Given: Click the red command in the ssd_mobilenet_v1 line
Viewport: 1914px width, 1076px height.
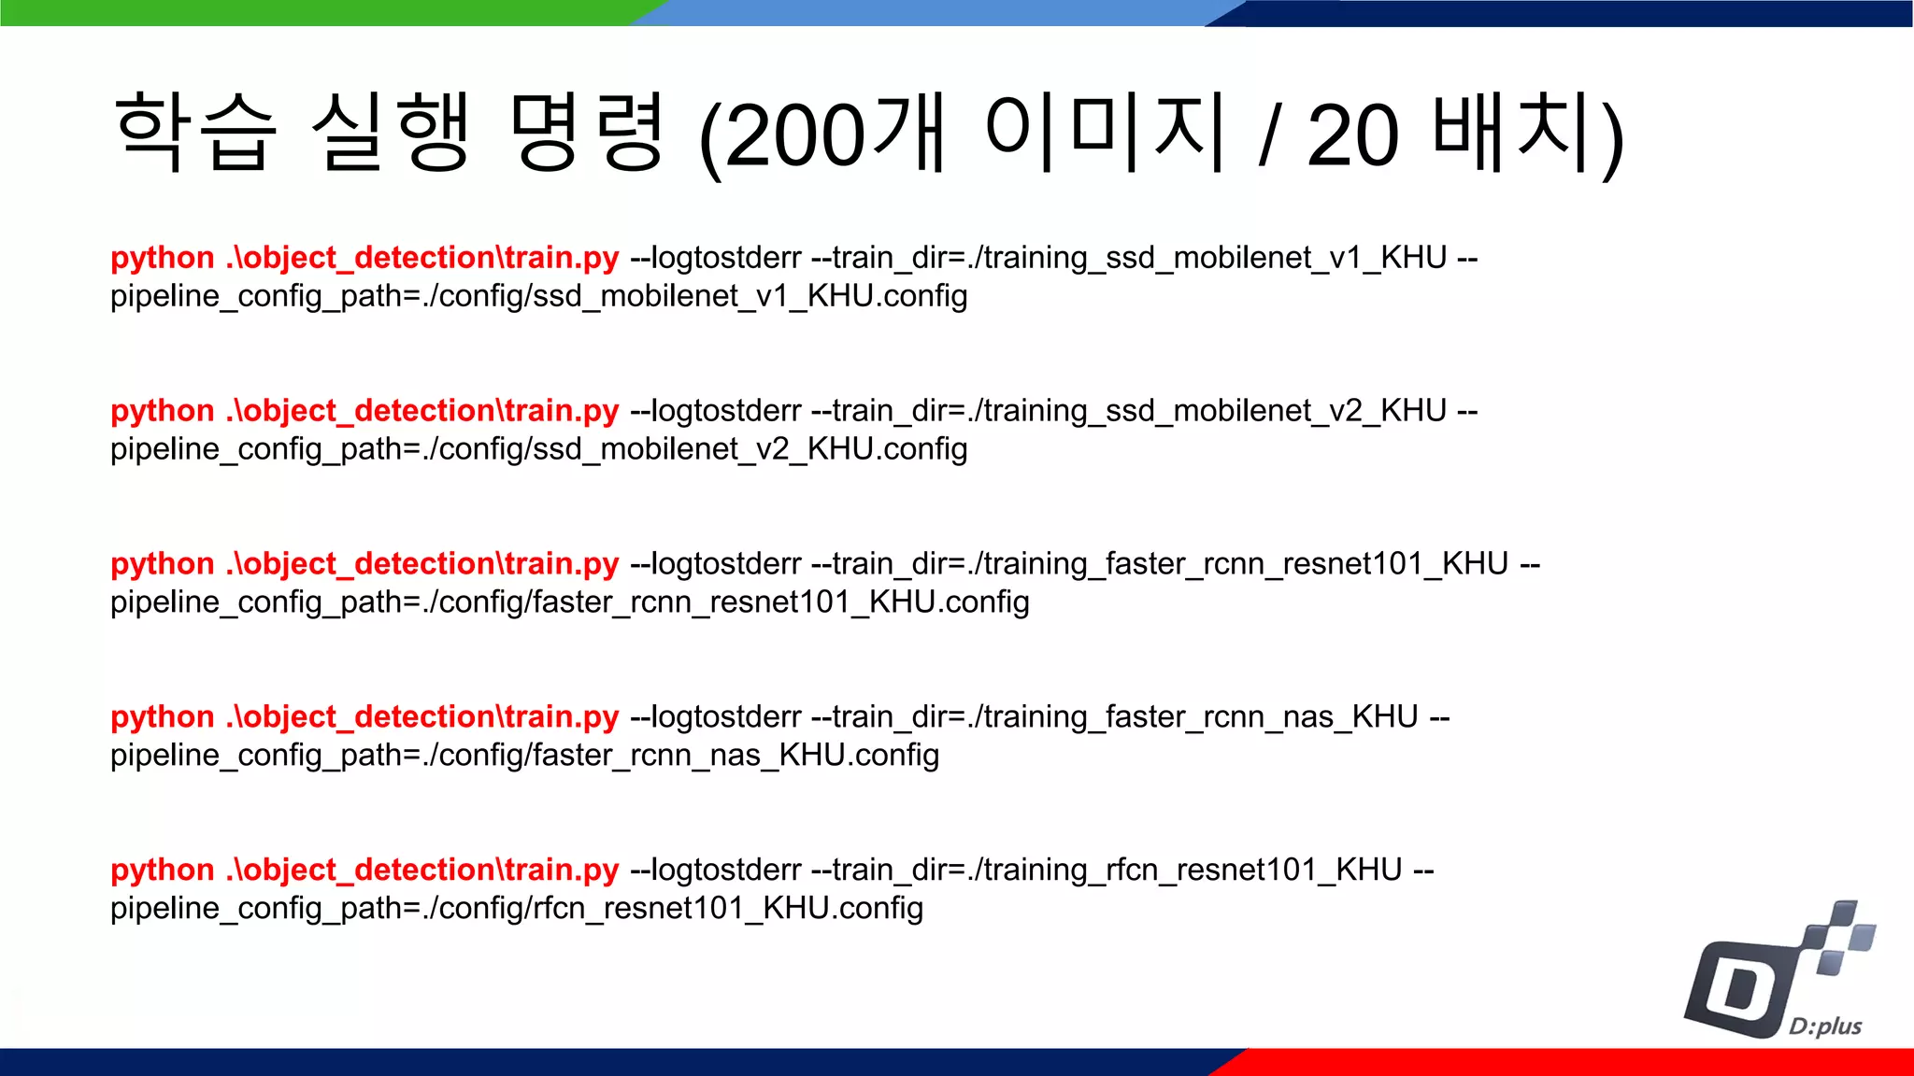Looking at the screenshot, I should (364, 258).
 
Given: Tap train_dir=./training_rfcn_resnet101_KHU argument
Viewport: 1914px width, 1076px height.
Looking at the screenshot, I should (1117, 871).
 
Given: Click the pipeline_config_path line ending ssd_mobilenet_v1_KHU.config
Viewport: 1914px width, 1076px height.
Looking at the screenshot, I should (538, 296).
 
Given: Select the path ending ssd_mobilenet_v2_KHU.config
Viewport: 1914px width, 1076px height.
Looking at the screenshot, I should (538, 449).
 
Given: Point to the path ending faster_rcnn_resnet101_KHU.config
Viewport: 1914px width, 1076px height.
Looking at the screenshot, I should (569, 602).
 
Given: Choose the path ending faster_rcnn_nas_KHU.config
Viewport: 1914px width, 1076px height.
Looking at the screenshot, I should (524, 756).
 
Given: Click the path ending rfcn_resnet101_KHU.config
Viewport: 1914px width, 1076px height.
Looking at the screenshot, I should (516, 909).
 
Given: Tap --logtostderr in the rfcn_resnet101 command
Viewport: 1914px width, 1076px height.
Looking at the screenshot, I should (716, 871).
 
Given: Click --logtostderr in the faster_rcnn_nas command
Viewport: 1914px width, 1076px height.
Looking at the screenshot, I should (716, 717).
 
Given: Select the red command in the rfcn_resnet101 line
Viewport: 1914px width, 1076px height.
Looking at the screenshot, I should (364, 871).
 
